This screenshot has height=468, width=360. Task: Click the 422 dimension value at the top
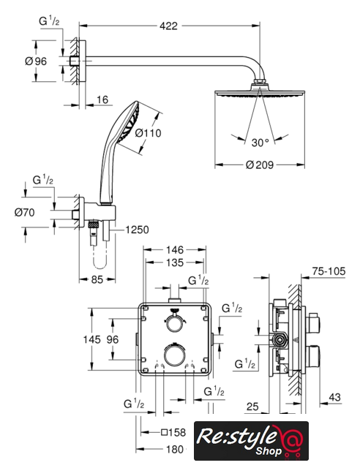(168, 26)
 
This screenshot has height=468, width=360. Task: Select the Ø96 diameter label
(36, 61)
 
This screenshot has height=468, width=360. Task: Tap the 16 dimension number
(102, 99)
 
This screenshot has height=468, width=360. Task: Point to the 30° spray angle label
(260, 143)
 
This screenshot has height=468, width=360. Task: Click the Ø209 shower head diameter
(260, 165)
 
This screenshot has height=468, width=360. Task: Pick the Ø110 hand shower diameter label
(148, 133)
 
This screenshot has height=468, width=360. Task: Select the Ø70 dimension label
(24, 213)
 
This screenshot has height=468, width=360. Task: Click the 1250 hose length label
(137, 230)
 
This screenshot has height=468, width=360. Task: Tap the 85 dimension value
(97, 279)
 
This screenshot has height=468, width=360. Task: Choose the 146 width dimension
(175, 249)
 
